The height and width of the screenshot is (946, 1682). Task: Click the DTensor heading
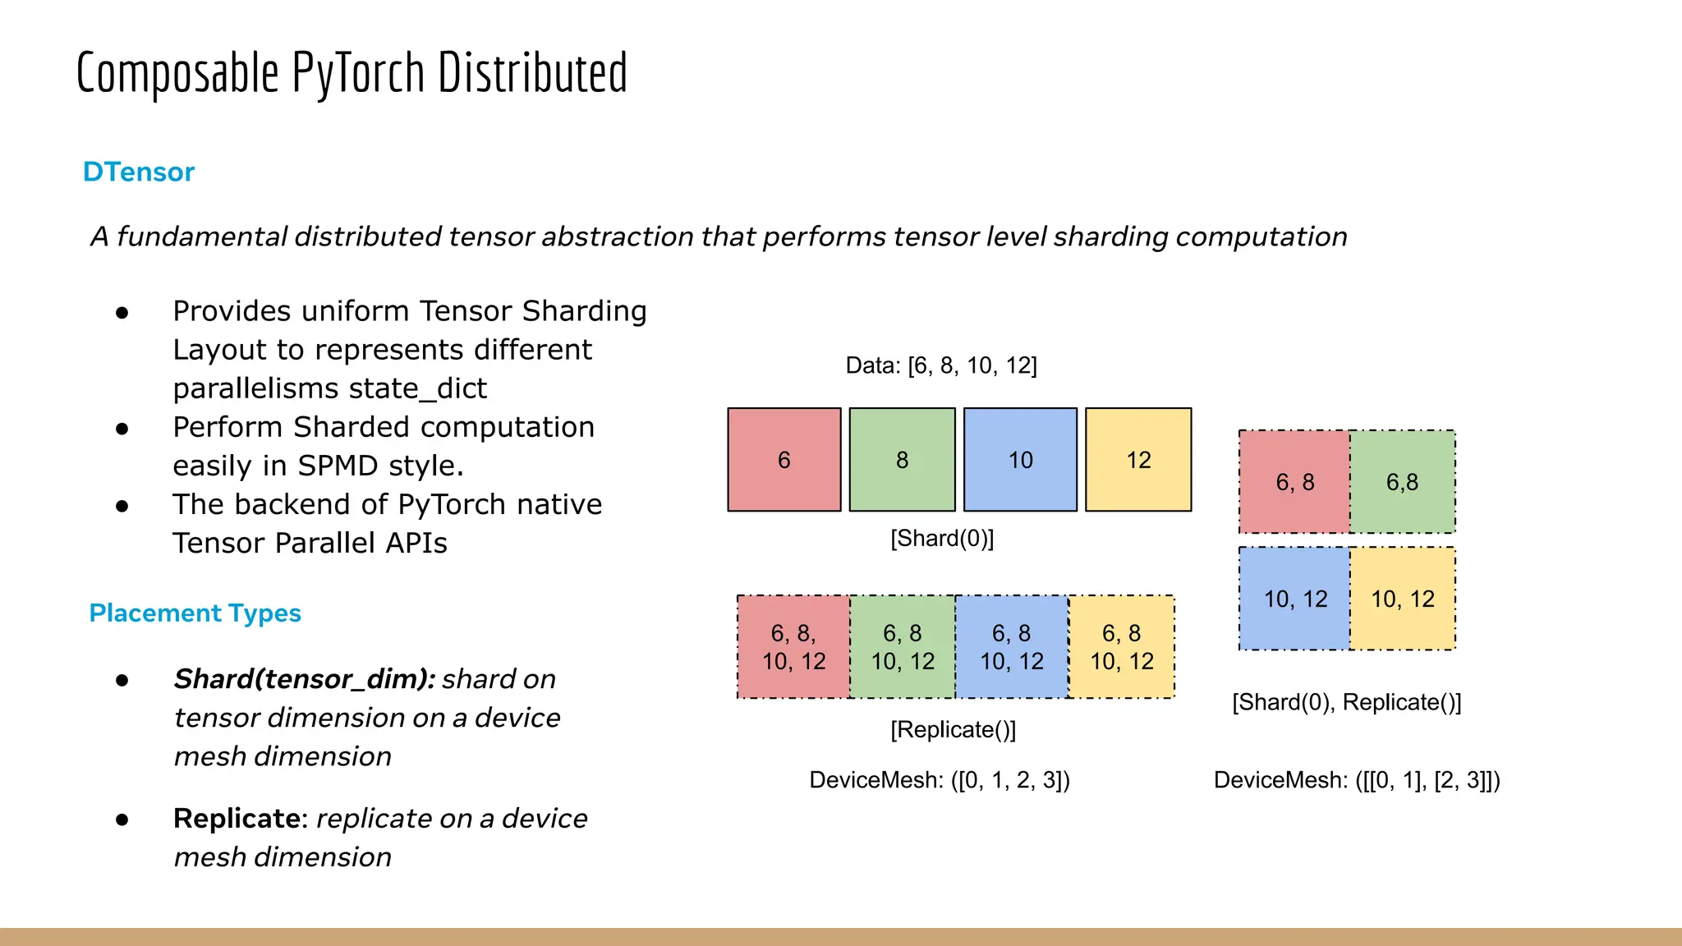click(x=138, y=172)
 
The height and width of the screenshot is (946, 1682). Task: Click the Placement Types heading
click(x=195, y=613)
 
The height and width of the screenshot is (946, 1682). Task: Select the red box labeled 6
click(x=784, y=460)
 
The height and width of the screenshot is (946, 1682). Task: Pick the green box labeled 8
click(x=902, y=460)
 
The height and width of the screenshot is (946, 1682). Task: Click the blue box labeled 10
click(x=1020, y=460)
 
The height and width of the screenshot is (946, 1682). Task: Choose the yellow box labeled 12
click(x=1138, y=460)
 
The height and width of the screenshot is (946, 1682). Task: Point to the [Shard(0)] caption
click(x=942, y=539)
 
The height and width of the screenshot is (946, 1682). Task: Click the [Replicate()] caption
click(x=953, y=729)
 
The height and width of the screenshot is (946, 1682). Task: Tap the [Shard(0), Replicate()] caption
click(x=1346, y=702)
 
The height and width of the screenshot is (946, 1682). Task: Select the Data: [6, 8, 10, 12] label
click(x=941, y=365)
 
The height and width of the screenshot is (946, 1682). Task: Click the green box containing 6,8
click(x=1402, y=482)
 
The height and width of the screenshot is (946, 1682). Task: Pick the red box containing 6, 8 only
click(x=1294, y=482)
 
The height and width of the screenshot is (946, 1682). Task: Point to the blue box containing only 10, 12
click(x=1294, y=599)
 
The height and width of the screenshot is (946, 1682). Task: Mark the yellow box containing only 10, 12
click(x=1402, y=599)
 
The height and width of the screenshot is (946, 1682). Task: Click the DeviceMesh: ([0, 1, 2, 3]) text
click(x=940, y=779)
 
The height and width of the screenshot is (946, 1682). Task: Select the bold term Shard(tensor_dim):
click(x=304, y=679)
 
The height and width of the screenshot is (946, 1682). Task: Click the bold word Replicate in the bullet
click(x=237, y=819)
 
